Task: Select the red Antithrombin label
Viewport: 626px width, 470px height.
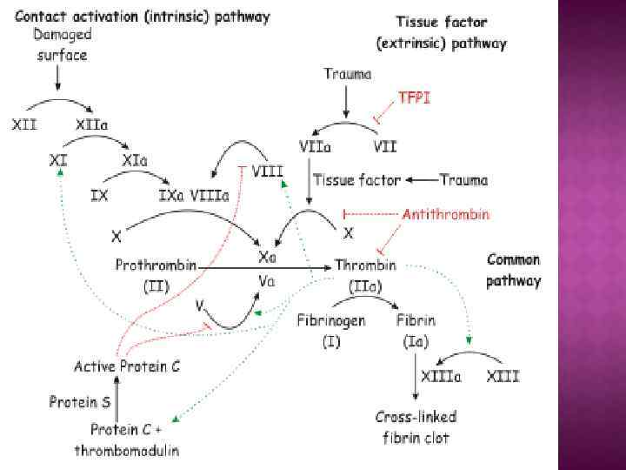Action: [x=445, y=213]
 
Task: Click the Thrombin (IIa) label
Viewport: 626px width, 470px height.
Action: [x=365, y=273]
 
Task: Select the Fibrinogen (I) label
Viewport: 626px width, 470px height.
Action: [x=330, y=330]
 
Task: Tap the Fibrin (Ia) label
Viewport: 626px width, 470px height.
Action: [x=413, y=330]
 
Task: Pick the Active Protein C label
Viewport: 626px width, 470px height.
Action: [x=127, y=366]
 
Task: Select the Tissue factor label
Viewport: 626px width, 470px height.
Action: [x=356, y=181]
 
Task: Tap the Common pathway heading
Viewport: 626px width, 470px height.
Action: [x=513, y=270]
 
